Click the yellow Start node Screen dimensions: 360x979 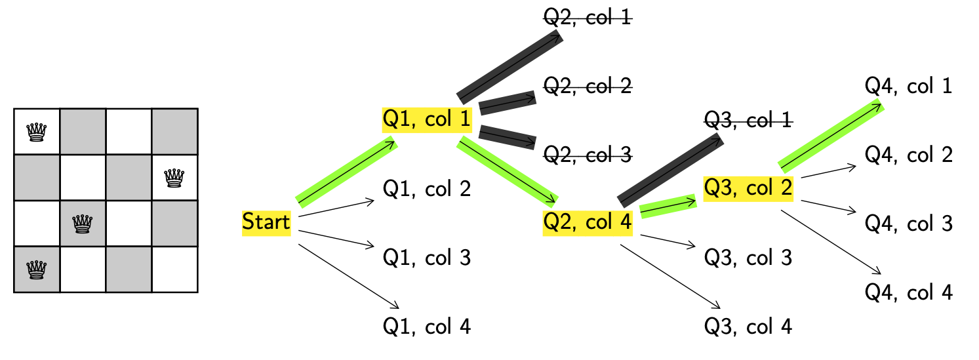click(x=266, y=222)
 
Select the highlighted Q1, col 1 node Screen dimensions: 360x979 click(x=427, y=119)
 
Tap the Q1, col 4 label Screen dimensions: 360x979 click(x=427, y=326)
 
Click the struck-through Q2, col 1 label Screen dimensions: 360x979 click(x=588, y=17)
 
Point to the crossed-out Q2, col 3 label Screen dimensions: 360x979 click(x=588, y=155)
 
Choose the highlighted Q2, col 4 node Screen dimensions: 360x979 click(x=588, y=223)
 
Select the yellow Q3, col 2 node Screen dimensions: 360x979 click(x=748, y=189)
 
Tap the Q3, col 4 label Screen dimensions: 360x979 click(x=748, y=326)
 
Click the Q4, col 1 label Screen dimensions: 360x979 click(x=909, y=86)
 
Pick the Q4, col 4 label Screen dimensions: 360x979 click(x=909, y=292)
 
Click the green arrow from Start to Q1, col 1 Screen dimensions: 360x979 click(x=347, y=172)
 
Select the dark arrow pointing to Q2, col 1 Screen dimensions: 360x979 click(x=509, y=66)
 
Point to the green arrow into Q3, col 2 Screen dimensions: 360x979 click(x=668, y=206)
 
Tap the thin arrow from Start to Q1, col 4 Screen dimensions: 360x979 click(x=348, y=275)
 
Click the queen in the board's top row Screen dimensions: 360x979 click(x=37, y=132)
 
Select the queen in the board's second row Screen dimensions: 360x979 click(x=174, y=178)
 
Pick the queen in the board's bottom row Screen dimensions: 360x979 click(x=37, y=270)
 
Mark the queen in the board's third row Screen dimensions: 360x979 click(x=83, y=224)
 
